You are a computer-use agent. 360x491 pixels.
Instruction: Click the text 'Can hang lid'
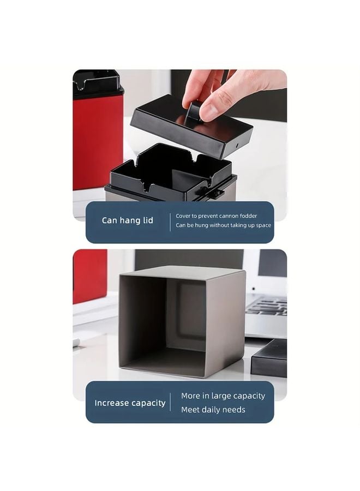pos(128,221)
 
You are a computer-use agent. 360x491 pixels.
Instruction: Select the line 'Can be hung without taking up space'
pos(223,225)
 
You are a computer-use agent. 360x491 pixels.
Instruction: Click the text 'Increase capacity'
pos(130,403)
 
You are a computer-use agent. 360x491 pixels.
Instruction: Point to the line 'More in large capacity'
pos(223,396)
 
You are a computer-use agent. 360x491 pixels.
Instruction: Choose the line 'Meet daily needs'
pos(213,410)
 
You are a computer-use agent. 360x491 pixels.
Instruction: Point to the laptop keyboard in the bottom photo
pos(266,306)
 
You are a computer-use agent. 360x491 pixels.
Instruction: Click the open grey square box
pos(180,322)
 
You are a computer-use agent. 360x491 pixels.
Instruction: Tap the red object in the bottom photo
pos(89,276)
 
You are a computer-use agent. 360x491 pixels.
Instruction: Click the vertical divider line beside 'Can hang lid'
pos(170,221)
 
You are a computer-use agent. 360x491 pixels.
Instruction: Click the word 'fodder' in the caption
pos(247,216)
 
